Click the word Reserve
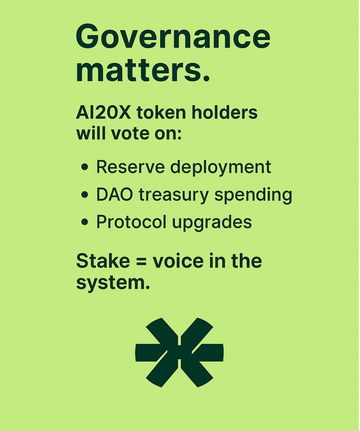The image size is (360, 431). point(131,167)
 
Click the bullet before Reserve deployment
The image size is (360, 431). point(85,168)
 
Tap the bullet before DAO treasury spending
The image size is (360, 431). point(85,195)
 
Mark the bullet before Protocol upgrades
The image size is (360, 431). point(85,223)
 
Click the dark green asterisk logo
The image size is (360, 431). point(180,352)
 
